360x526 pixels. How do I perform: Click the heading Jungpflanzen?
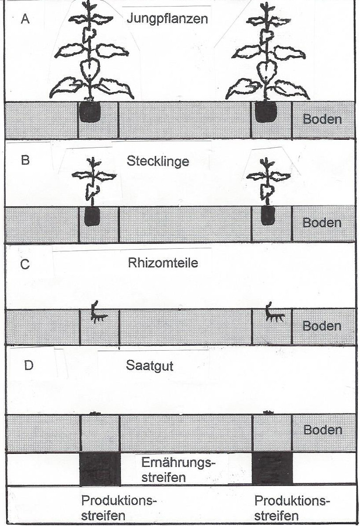[167, 19]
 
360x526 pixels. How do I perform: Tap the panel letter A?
[26, 20]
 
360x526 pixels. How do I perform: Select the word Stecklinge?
[158, 161]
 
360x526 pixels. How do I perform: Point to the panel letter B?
[25, 160]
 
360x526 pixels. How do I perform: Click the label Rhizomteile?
[164, 263]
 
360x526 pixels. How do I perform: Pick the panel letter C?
[25, 265]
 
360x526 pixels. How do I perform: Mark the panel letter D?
[28, 366]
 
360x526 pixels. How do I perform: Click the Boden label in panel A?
[322, 120]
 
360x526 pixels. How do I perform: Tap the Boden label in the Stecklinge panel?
[322, 223]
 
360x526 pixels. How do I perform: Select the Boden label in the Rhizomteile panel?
[322, 326]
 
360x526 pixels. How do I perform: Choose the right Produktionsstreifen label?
[292, 508]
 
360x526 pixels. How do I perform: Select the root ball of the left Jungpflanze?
[90, 113]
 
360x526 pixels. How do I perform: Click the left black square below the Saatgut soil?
[100, 469]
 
